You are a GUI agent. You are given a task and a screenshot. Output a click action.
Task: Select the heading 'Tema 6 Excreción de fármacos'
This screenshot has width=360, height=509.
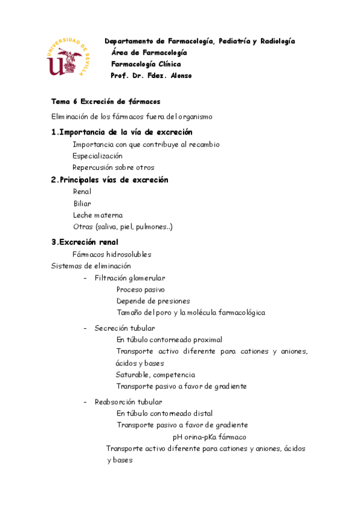pos(106,101)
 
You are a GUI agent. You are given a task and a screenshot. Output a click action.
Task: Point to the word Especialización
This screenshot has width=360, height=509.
pos(97,155)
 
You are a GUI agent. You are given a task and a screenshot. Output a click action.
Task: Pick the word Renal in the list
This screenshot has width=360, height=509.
pos(82,191)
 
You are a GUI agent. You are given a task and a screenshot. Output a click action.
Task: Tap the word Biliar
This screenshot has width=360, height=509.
pos(82,203)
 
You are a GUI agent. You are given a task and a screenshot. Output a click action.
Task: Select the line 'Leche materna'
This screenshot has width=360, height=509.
pos(97,215)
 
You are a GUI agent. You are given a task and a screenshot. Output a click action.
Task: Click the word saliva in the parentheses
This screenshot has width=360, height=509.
pos(108,227)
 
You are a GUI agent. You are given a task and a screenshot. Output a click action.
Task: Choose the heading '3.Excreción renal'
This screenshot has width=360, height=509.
pos(85,242)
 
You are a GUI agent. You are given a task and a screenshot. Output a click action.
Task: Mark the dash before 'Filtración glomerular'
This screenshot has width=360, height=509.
pos(86,278)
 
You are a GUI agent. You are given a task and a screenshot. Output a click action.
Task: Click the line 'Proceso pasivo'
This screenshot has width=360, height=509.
pos(140,289)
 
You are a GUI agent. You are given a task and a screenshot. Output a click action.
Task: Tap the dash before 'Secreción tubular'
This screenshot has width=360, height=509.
pos(86,328)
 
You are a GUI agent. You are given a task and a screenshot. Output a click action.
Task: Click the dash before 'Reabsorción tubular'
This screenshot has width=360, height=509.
pos(86,402)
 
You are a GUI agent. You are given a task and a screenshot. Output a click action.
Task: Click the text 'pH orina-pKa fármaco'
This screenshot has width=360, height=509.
pos(209,437)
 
